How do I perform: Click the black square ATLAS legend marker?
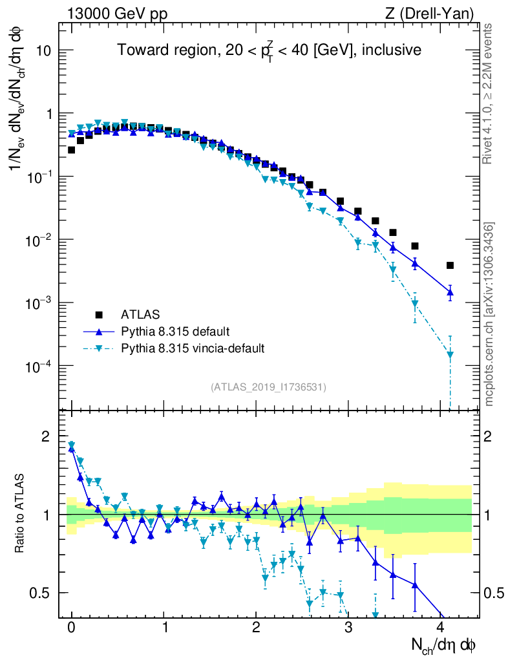(x=99, y=315)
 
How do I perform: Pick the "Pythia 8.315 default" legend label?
(x=175, y=332)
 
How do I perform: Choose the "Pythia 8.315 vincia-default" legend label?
(x=193, y=348)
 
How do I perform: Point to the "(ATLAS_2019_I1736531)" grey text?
(x=268, y=387)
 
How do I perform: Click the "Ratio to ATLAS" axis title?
(x=21, y=514)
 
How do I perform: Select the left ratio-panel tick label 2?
(x=46, y=436)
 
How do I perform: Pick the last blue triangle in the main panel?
(x=450, y=293)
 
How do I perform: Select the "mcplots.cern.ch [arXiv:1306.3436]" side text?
(x=489, y=314)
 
